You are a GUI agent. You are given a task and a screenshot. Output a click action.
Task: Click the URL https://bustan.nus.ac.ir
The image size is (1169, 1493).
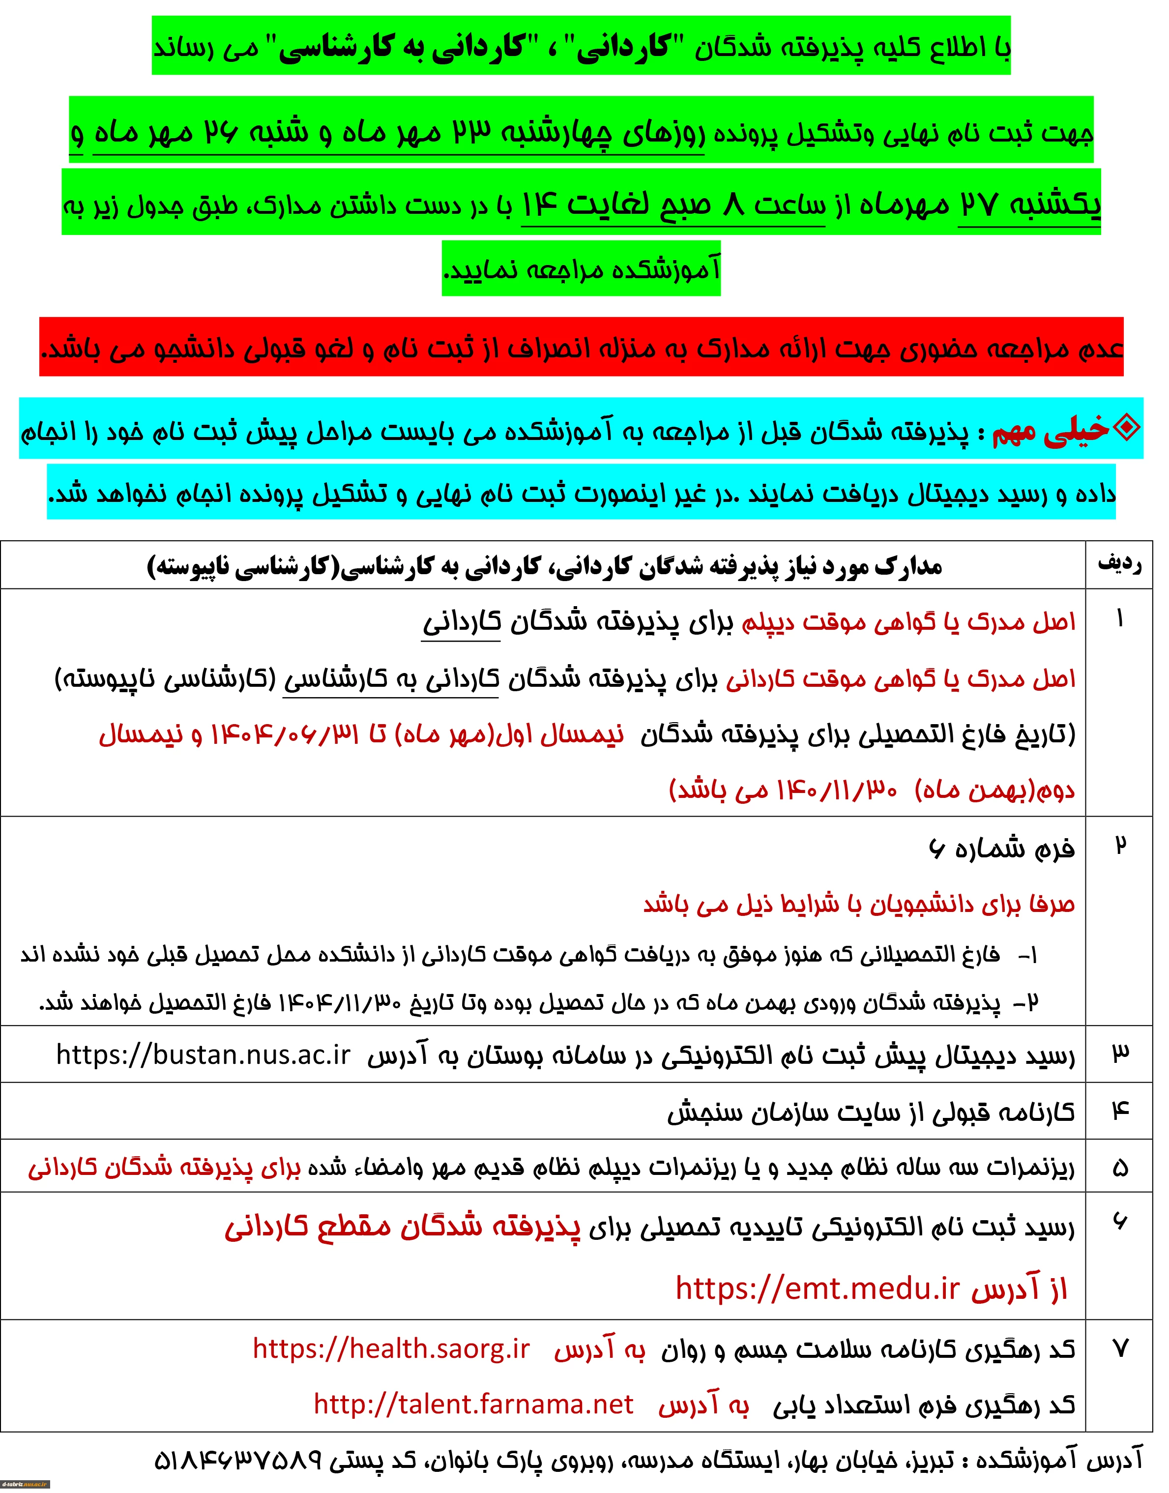[x=204, y=1055]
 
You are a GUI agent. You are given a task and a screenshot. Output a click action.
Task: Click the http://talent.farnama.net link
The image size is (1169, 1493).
[x=473, y=1404]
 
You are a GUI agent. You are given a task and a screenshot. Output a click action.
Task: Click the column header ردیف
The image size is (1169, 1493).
[x=1120, y=564]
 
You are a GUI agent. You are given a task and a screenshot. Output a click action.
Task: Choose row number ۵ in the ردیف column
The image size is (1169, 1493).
[x=1120, y=1168]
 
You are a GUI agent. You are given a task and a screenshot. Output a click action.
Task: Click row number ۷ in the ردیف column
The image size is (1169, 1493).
[x=1120, y=1348]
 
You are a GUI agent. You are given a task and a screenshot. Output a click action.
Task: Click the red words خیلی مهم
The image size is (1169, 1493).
[x=1051, y=429]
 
